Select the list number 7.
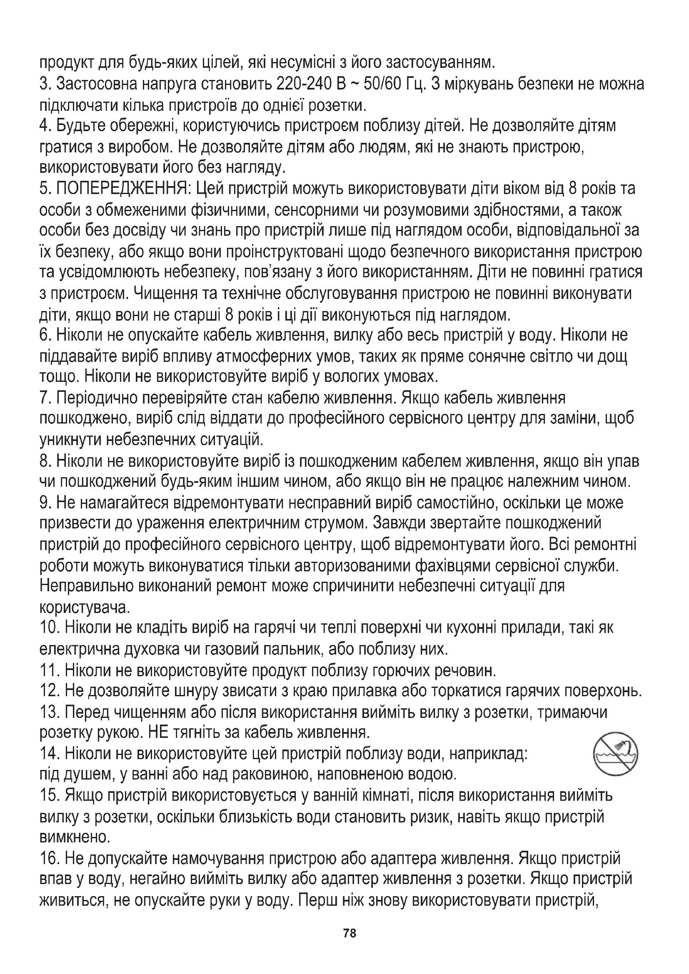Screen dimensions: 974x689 [x=45, y=399]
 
